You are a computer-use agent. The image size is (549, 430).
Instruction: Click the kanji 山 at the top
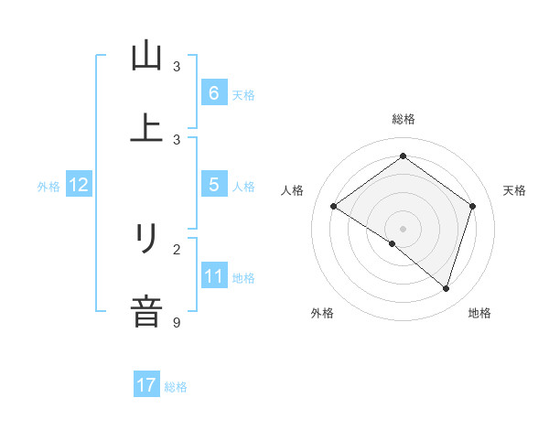pyautogui.click(x=146, y=56)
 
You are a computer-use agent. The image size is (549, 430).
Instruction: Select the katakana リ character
pyautogui.click(x=146, y=240)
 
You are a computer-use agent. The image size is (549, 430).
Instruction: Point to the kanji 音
pyautogui.click(x=146, y=310)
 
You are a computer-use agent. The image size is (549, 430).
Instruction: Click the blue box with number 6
pyautogui.click(x=213, y=92)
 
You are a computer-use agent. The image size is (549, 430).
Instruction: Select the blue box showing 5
pyautogui.click(x=213, y=185)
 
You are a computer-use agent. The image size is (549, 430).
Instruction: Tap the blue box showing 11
pyautogui.click(x=213, y=276)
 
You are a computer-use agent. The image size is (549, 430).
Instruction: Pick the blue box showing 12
pyautogui.click(x=79, y=185)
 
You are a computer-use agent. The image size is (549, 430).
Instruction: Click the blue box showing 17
pyautogui.click(x=146, y=385)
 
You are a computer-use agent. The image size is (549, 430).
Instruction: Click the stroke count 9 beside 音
pyautogui.click(x=177, y=321)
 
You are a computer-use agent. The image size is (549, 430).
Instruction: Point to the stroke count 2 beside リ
pyautogui.click(x=177, y=248)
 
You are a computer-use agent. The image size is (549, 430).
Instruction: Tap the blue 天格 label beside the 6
pyautogui.click(x=243, y=94)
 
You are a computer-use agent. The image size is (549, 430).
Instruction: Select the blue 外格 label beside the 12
pyautogui.click(x=48, y=186)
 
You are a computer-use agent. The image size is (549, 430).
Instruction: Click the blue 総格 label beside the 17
pyautogui.click(x=176, y=387)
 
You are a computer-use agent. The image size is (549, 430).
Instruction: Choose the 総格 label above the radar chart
pyautogui.click(x=404, y=119)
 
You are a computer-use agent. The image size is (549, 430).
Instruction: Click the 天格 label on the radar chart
pyautogui.click(x=515, y=190)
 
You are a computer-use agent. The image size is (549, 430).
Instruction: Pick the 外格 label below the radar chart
pyautogui.click(x=322, y=314)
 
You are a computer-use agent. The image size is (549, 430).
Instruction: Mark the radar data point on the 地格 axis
pyautogui.click(x=446, y=289)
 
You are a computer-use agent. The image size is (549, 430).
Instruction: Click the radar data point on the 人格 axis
pyautogui.click(x=334, y=207)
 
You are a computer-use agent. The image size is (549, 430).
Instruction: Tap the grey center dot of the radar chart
pyautogui.click(x=404, y=228)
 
